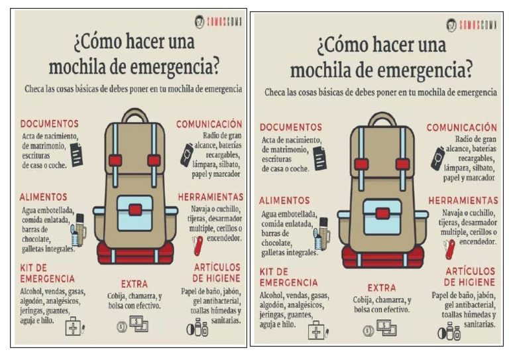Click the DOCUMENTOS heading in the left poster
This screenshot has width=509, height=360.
(50, 123)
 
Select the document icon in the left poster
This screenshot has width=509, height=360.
(76, 154)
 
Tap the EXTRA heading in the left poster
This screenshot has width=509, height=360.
(134, 284)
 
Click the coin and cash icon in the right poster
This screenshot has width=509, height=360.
(379, 328)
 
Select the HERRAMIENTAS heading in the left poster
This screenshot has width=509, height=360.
(211, 197)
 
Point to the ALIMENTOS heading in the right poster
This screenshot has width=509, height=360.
(284, 200)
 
